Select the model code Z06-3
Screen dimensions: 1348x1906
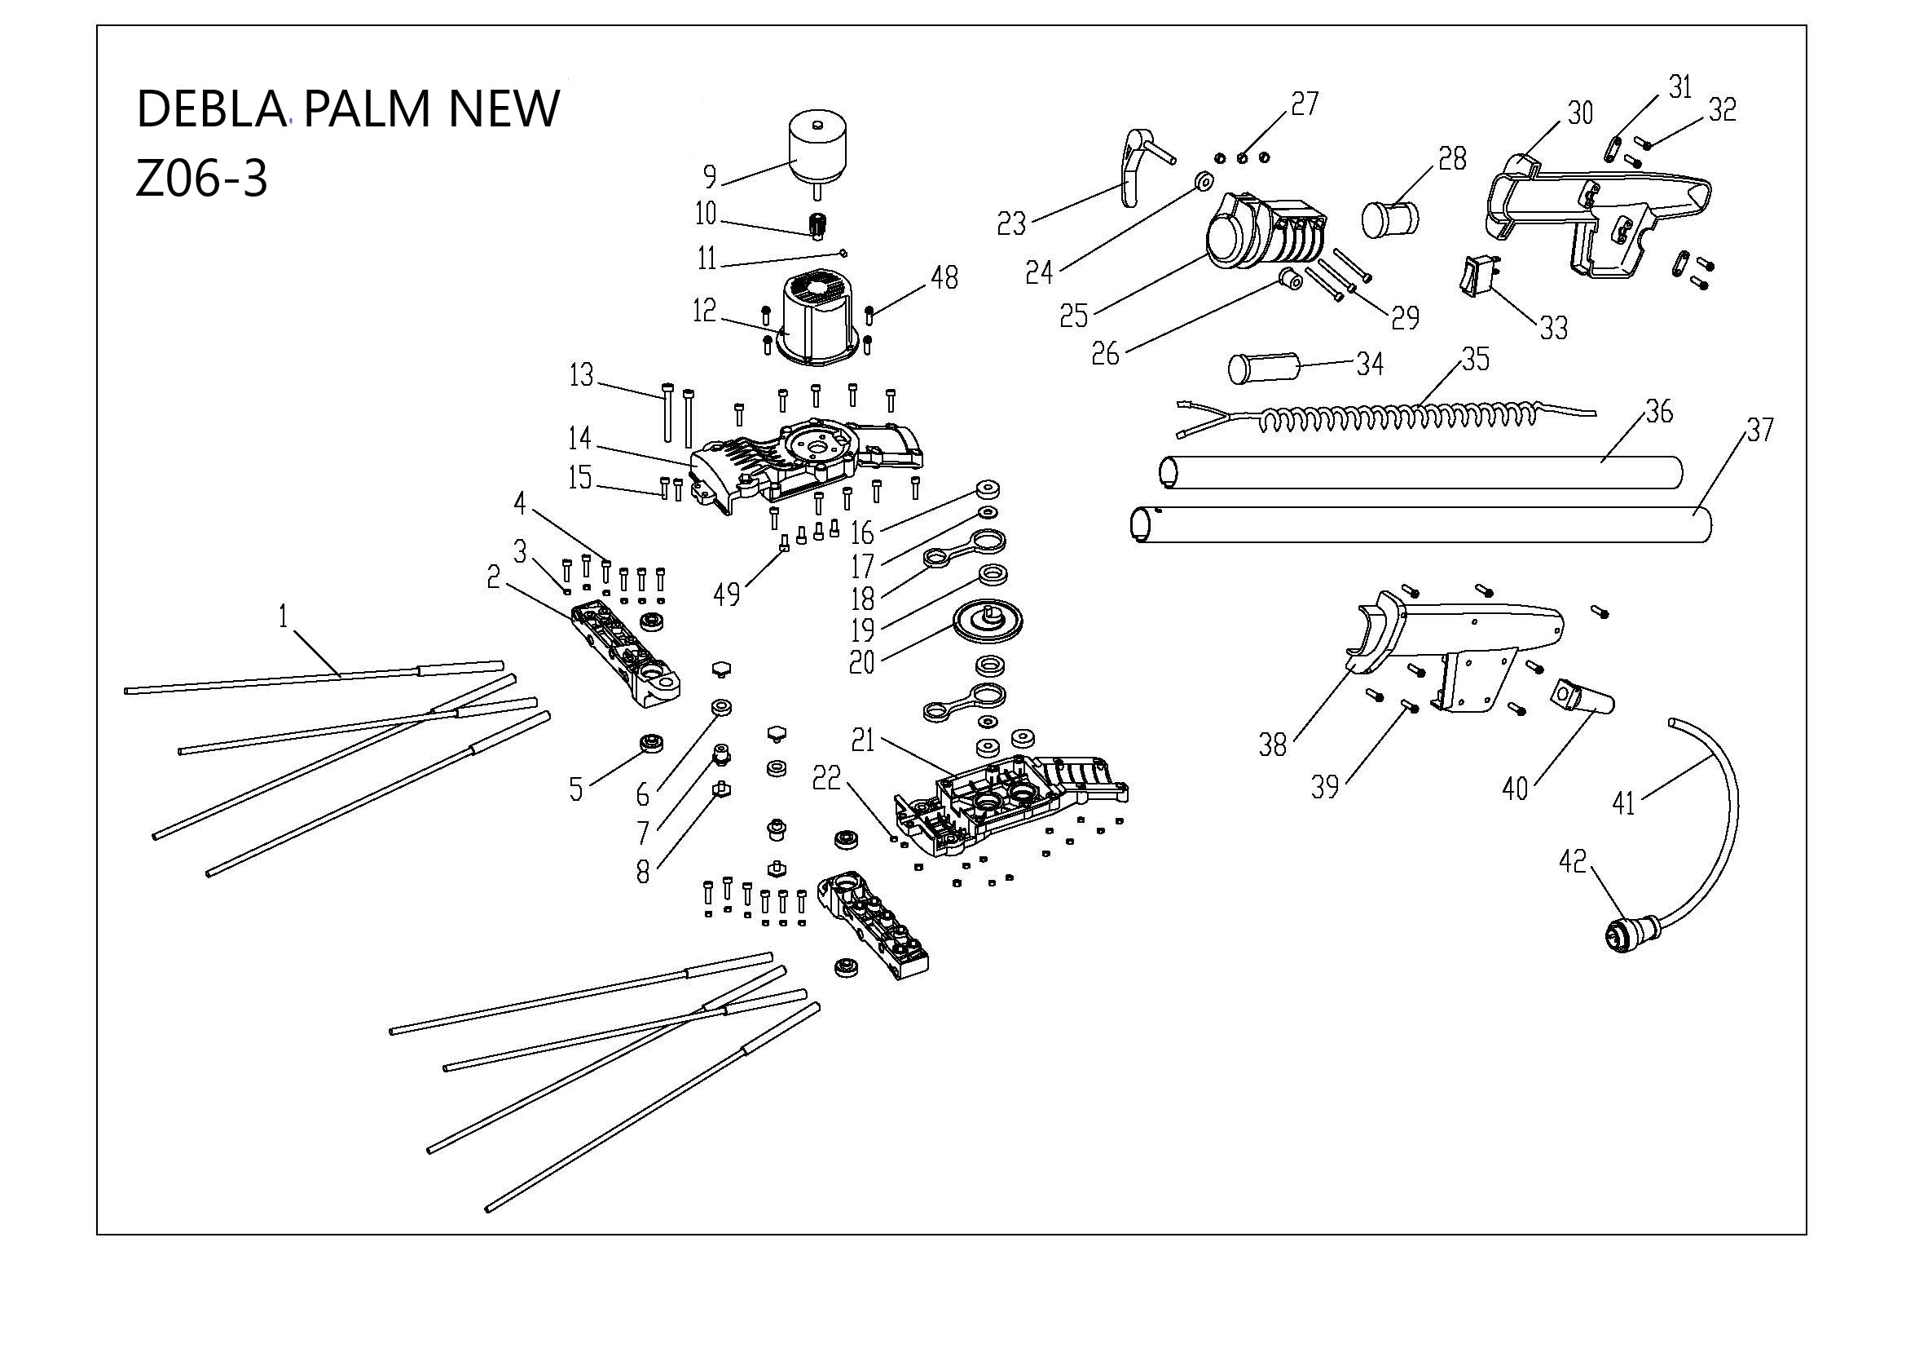point(201,179)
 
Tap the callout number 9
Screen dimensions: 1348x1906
point(710,176)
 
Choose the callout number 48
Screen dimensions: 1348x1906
point(944,278)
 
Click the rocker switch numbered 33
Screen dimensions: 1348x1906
point(1478,276)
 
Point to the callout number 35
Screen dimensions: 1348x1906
point(1475,359)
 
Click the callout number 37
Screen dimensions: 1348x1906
point(1759,430)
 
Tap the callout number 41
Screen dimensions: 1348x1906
point(1623,803)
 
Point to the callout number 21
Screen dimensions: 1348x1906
point(863,740)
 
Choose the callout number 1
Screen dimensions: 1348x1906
point(283,617)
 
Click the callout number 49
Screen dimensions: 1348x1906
point(726,594)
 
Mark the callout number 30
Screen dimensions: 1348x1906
point(1580,113)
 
